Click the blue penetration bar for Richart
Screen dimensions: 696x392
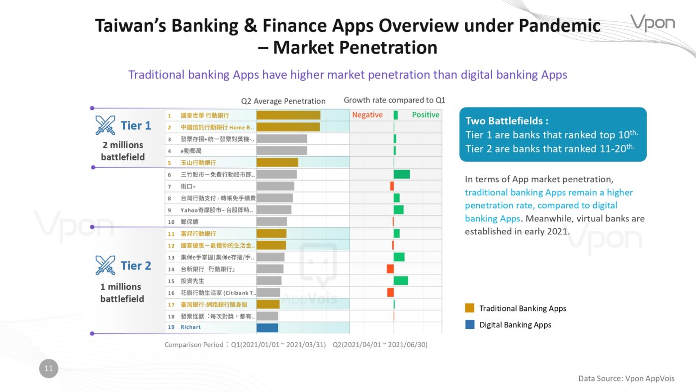click(x=267, y=328)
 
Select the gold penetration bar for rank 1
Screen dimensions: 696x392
click(x=288, y=115)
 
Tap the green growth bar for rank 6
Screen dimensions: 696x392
click(x=402, y=174)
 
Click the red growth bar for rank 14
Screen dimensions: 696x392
click(x=390, y=269)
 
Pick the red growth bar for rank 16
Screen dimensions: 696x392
click(x=391, y=292)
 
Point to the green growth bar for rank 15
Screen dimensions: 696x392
click(x=401, y=281)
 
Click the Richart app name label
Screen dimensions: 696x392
click(x=190, y=327)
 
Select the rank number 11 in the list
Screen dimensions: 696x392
click(x=171, y=234)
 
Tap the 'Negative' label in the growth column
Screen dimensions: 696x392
click(x=367, y=115)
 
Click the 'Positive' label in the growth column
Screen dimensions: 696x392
click(x=426, y=115)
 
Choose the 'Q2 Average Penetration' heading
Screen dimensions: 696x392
click(x=283, y=101)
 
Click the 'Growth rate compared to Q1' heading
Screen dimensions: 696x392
click(x=394, y=100)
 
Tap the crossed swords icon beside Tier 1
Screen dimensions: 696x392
click(x=105, y=125)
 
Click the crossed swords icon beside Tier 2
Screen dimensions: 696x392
click(x=105, y=265)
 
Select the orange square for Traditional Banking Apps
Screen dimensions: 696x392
click(x=469, y=308)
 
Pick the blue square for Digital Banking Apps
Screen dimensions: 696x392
click(x=469, y=324)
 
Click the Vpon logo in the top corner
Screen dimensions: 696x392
click(x=652, y=23)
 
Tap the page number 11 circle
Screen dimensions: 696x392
click(x=49, y=369)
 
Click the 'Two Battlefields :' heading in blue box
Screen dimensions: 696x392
click(x=507, y=120)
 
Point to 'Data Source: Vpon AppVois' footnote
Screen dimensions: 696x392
click(x=626, y=379)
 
